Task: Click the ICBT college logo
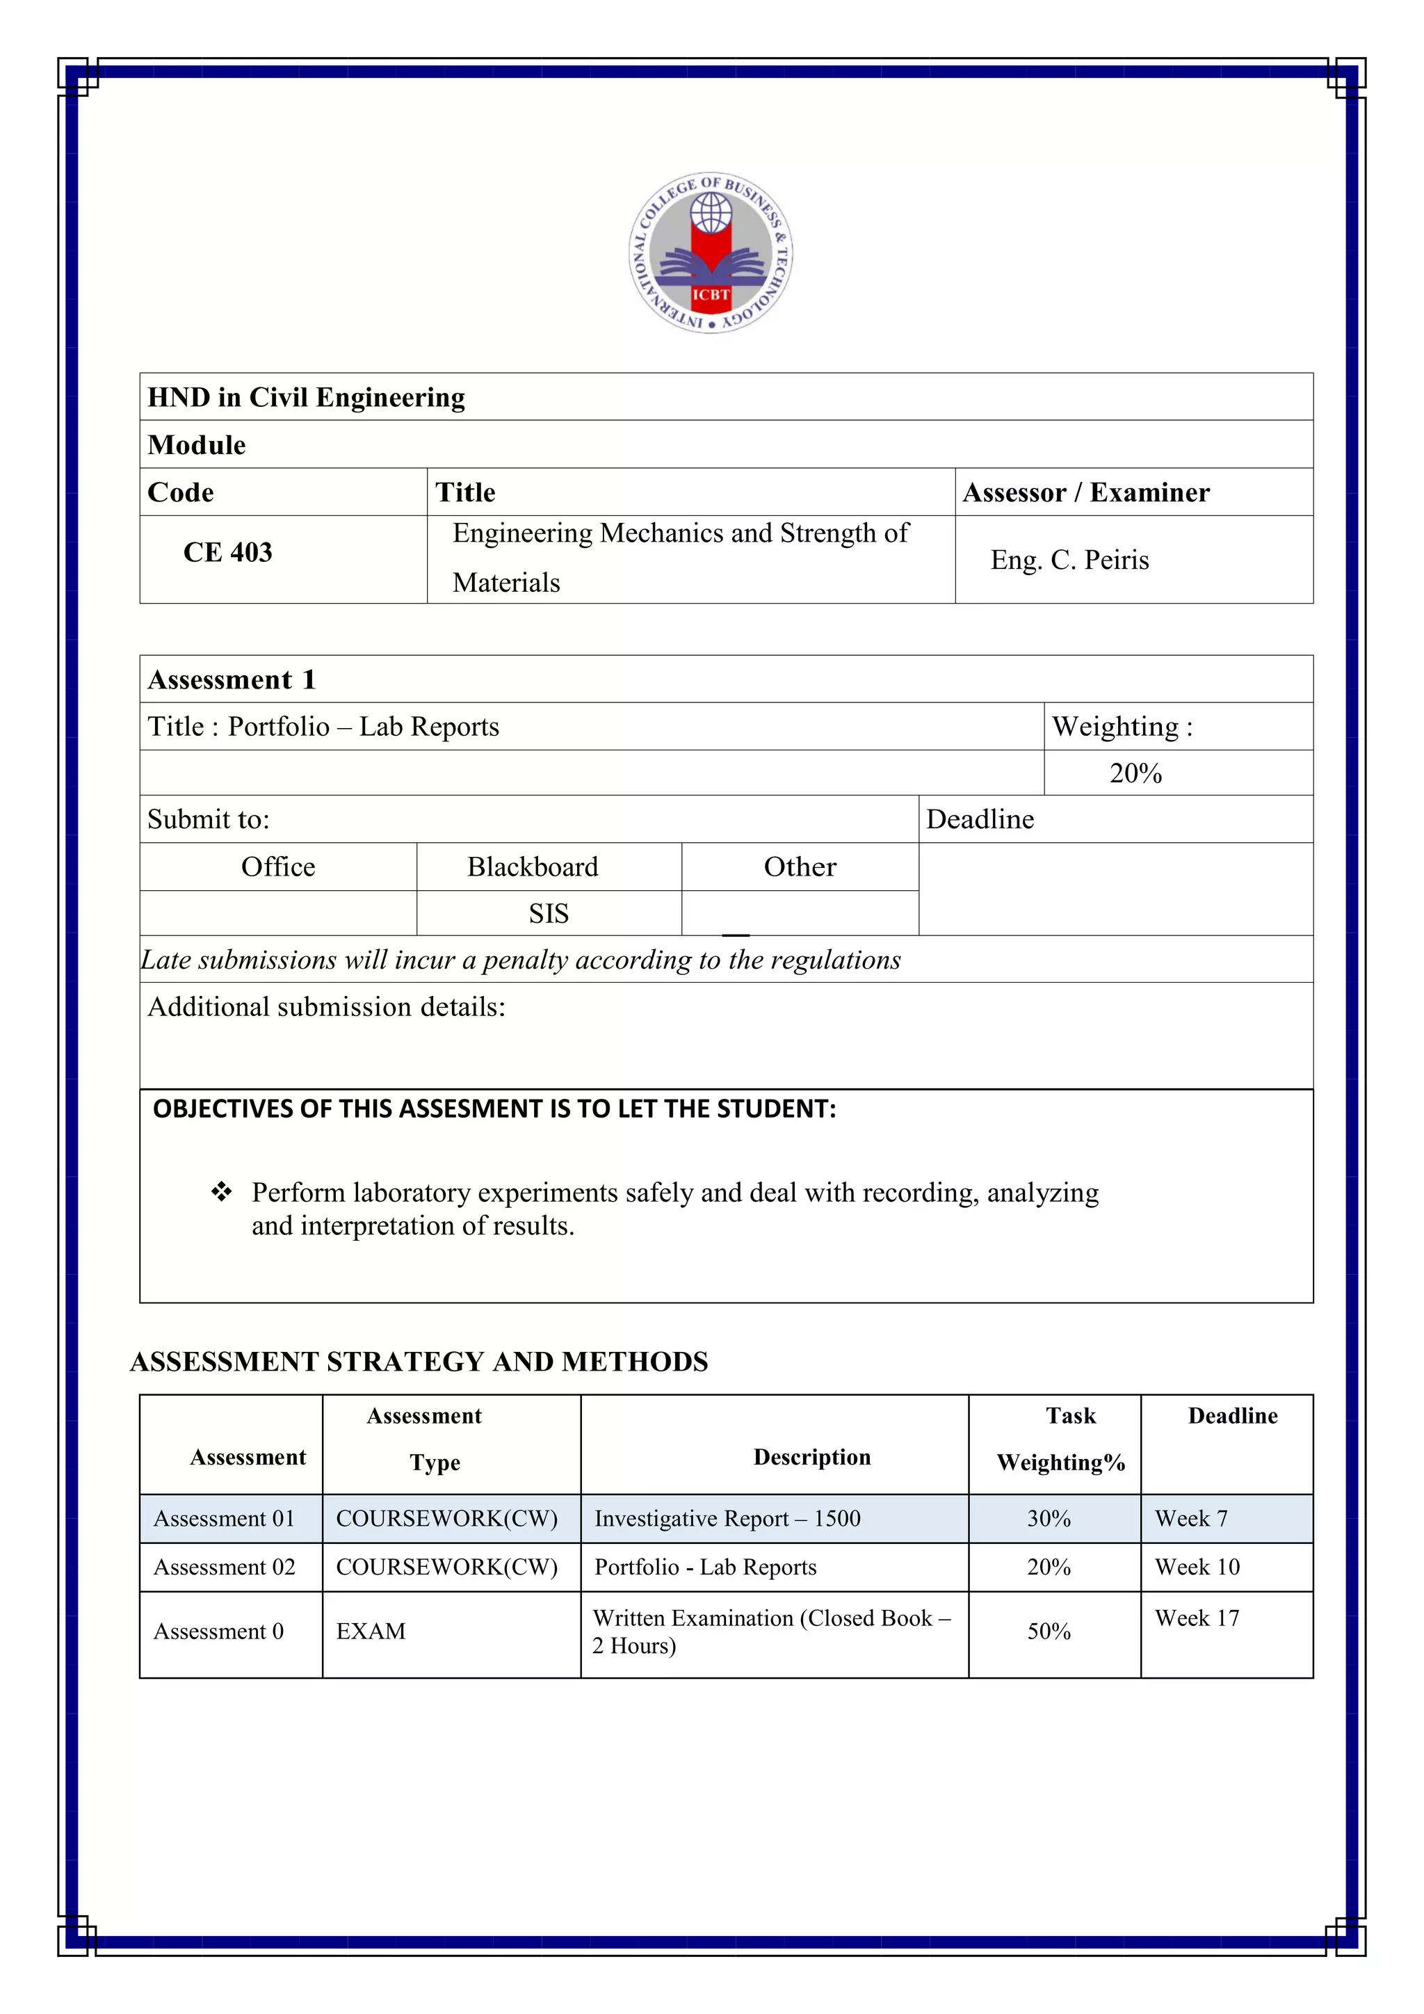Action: click(x=711, y=252)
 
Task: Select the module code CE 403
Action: click(x=227, y=553)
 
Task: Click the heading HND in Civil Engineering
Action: click(x=306, y=397)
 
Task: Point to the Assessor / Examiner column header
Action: click(x=1085, y=492)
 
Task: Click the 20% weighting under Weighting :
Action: click(x=1135, y=773)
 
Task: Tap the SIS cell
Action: click(x=548, y=913)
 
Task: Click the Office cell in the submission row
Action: click(x=278, y=867)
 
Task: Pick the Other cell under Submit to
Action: click(x=800, y=867)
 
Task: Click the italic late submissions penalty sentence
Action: click(x=521, y=960)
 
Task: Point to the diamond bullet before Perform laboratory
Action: click(x=221, y=1191)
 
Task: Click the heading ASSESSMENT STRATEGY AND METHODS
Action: click(x=419, y=1362)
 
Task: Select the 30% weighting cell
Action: click(x=1049, y=1518)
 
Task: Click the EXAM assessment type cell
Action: click(x=371, y=1631)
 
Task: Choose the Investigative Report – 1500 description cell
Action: click(x=727, y=1518)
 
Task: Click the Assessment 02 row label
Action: click(x=225, y=1567)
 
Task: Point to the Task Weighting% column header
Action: click(x=1061, y=1440)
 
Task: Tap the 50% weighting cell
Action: click(x=1049, y=1631)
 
